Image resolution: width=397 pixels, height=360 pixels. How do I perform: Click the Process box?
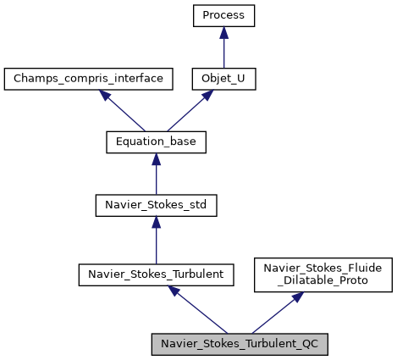pos(223,15)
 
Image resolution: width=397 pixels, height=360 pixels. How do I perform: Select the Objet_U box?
pos(223,79)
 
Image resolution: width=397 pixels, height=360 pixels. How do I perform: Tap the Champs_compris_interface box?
pos(89,79)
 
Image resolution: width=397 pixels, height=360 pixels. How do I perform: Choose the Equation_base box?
pos(156,142)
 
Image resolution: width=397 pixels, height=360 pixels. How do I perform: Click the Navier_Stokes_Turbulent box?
pos(156,274)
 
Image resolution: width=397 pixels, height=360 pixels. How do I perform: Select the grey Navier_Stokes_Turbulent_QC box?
pos(239,345)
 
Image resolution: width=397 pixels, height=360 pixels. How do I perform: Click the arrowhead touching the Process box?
pos(223,32)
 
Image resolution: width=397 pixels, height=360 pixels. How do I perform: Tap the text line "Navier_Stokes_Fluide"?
pos(324,268)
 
